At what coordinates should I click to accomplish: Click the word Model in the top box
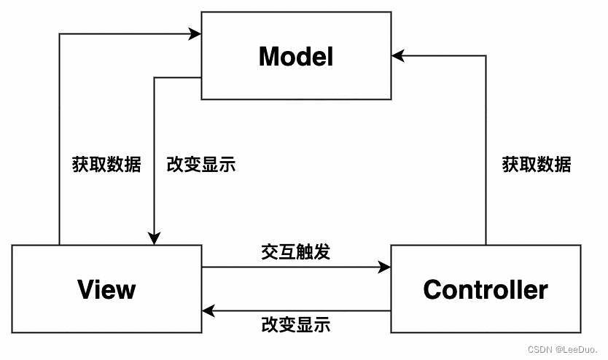coord(296,57)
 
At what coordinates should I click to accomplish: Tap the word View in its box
coord(106,289)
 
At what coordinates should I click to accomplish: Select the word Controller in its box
coord(486,289)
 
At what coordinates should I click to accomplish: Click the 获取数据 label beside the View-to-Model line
coord(106,164)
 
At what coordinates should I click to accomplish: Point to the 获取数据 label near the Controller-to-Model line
coord(537,164)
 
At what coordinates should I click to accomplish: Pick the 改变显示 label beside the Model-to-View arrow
coord(201,164)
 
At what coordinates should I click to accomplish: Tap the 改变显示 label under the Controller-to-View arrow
coord(296,325)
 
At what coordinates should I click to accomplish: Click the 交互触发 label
coord(296,252)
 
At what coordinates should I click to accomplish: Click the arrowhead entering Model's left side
coord(195,34)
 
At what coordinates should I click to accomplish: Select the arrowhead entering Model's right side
coord(398,56)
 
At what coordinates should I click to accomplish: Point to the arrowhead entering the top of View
coord(155,239)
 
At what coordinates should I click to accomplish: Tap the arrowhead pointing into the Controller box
coord(385,267)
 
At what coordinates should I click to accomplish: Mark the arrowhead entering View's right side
coord(208,310)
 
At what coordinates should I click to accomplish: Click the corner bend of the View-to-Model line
coord(59,34)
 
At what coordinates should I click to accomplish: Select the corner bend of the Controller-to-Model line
coord(486,56)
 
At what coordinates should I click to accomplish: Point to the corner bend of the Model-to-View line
coord(155,77)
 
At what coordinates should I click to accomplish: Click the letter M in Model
coord(268,57)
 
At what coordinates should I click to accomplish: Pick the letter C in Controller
coord(432,289)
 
